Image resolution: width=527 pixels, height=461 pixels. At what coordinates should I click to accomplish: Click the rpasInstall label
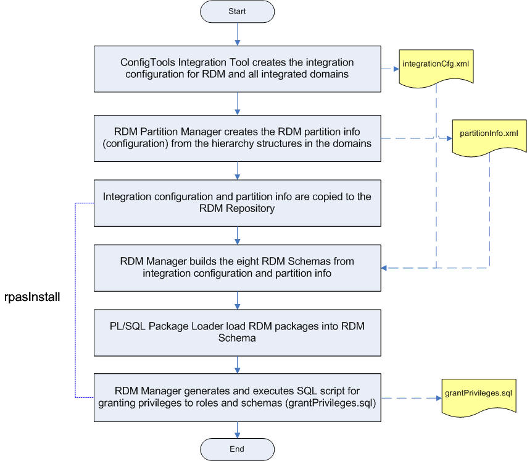(30, 297)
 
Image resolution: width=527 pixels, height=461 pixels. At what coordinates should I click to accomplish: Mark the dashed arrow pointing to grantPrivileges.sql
(407, 396)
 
